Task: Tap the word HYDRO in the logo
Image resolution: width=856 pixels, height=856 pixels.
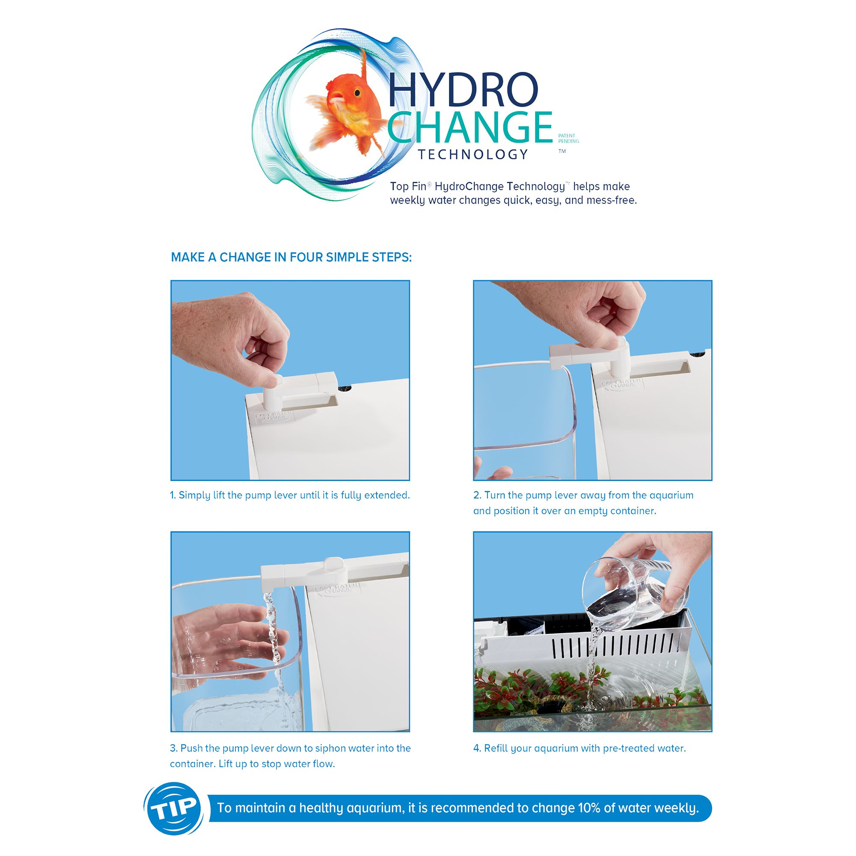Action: click(464, 89)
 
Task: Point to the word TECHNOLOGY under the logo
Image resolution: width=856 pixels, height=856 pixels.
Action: click(473, 154)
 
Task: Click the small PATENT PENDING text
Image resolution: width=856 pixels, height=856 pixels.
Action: click(568, 139)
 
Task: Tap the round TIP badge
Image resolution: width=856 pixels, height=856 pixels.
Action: click(174, 808)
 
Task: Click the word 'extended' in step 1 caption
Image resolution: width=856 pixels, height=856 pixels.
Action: click(386, 495)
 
